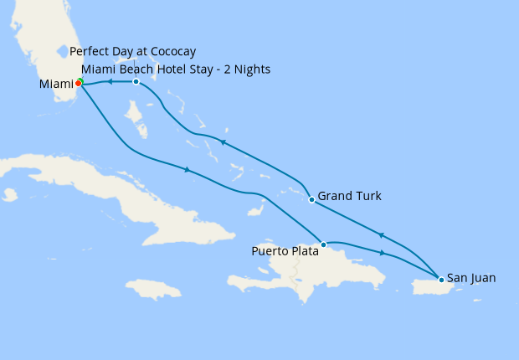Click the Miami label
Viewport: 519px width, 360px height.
point(56,85)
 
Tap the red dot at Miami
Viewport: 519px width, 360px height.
point(78,83)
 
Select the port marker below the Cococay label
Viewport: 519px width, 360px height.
point(136,81)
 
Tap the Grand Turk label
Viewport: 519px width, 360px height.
point(350,196)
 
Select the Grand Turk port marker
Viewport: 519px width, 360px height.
point(311,199)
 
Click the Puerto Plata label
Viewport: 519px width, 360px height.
point(285,250)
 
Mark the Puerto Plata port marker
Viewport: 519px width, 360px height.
point(323,244)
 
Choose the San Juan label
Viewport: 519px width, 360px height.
point(471,277)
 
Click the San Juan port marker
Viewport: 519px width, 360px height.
point(440,278)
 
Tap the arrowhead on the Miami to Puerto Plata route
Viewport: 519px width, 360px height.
point(187,170)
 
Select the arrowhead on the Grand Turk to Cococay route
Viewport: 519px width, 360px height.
point(223,143)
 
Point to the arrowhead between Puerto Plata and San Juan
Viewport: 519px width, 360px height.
point(383,253)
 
